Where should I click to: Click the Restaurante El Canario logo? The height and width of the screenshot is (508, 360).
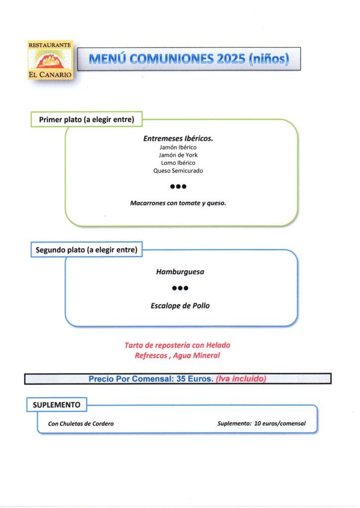pos(50,60)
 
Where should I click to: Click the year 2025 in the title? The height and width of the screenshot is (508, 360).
pos(231,59)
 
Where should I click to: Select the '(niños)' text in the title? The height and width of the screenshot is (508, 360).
pos(268,59)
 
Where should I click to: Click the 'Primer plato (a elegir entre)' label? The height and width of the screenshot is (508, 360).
pos(87,120)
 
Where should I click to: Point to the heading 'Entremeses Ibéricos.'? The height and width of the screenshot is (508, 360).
pos(178,138)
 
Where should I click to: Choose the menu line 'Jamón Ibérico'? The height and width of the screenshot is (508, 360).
pos(178,147)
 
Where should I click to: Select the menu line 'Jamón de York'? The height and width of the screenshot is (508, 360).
pos(178,155)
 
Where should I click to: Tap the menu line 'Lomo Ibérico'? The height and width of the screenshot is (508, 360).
pos(178,163)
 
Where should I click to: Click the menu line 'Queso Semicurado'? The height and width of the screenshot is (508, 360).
pos(178,171)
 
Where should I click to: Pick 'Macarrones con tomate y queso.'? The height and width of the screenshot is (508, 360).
pos(178,203)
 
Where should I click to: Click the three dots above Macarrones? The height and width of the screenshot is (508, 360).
pos(178,187)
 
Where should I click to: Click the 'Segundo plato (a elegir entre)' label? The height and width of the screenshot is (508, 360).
pos(86,250)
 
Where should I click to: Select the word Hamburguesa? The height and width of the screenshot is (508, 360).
pos(180,272)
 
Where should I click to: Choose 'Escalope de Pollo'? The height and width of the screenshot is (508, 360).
pos(180,306)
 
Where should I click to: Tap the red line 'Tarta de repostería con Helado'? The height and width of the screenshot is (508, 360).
pos(177,345)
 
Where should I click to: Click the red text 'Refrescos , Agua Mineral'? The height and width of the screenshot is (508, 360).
pos(177,355)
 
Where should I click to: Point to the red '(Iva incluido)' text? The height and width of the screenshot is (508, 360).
pos(241,379)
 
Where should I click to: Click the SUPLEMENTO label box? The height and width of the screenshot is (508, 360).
pos(57,405)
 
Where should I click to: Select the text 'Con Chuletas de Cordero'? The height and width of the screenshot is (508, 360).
pos(81,424)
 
